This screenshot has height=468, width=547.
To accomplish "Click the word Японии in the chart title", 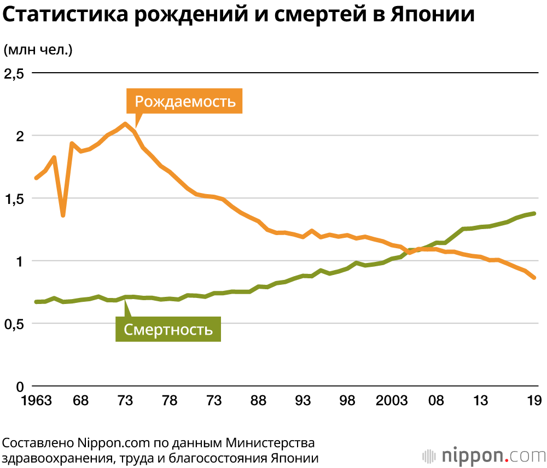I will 433,15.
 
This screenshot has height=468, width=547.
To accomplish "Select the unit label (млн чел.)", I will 38,50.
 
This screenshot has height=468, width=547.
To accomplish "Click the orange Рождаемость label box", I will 184,101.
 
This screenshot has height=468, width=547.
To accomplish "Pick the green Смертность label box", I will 168,329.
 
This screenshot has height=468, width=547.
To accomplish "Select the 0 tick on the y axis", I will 20,386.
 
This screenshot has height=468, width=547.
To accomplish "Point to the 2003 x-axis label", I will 392,401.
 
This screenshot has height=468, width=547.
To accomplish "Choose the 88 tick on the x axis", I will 258,401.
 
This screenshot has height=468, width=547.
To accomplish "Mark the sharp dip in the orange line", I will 63,215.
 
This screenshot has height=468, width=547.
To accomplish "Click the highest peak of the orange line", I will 125,124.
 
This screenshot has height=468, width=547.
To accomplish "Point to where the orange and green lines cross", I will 411,251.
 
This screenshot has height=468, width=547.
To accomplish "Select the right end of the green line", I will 534,214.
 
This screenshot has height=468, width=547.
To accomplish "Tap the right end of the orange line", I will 534,278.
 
